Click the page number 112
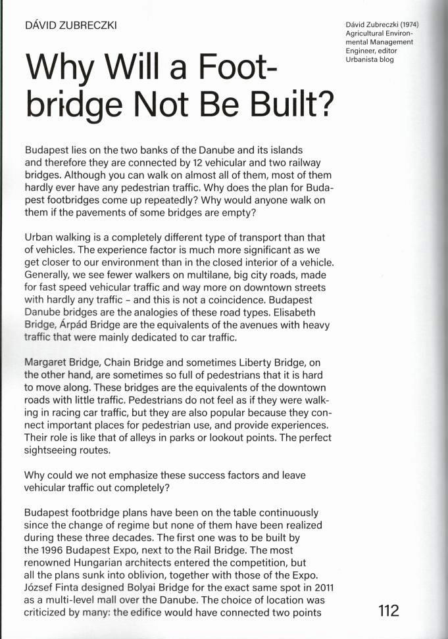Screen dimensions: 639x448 (388, 610)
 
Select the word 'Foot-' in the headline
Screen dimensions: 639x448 (226, 68)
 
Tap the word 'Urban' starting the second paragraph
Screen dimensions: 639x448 (38, 237)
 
